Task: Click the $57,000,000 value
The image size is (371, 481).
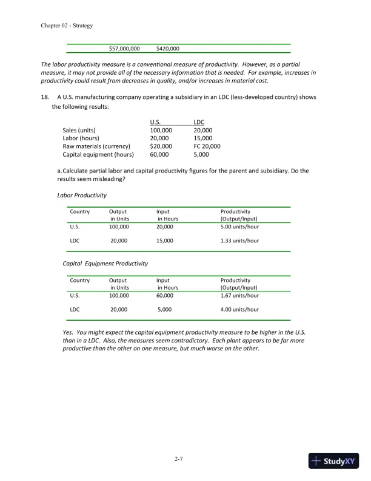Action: [124, 48]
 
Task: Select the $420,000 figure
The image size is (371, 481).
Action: [167, 48]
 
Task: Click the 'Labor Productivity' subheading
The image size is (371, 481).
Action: [82, 196]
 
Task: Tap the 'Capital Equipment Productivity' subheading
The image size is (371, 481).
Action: [105, 264]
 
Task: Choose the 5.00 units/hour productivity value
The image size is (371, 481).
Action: [239, 227]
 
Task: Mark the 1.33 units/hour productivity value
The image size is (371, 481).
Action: [239, 241]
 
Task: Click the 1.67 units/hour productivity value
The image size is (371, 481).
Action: [239, 295]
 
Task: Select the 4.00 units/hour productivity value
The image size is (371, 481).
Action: [239, 309]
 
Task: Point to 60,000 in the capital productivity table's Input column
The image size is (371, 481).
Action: [164, 295]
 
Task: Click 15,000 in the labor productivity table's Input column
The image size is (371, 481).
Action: [164, 241]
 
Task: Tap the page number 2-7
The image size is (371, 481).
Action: [178, 459]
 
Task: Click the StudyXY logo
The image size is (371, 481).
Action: [334, 461]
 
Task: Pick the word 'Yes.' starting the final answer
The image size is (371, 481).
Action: [70, 333]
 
